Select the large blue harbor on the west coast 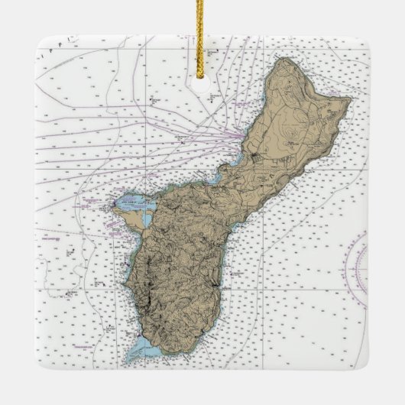128,204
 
